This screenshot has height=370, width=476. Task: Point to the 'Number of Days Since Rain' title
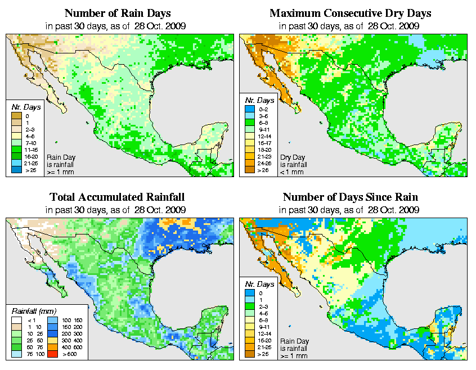[x=351, y=197]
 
